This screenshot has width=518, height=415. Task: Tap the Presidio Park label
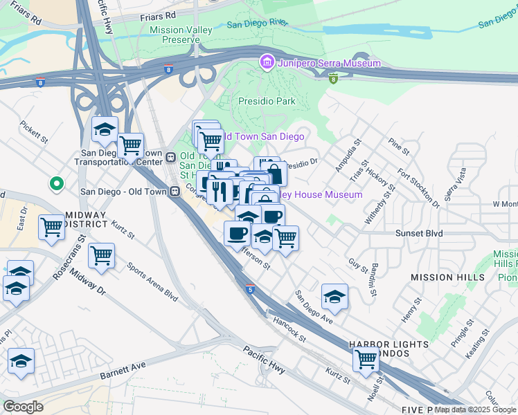(x=267, y=101)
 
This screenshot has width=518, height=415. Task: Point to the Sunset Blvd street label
(x=418, y=234)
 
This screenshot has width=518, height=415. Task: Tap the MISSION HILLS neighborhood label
(x=443, y=277)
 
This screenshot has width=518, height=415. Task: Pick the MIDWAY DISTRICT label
(x=84, y=221)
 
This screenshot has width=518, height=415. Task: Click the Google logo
(x=22, y=407)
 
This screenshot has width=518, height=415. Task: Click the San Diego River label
(x=258, y=24)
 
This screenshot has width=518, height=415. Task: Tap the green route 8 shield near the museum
(x=333, y=78)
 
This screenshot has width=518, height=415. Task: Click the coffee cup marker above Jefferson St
(x=237, y=232)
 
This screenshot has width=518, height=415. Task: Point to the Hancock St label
(x=289, y=327)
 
